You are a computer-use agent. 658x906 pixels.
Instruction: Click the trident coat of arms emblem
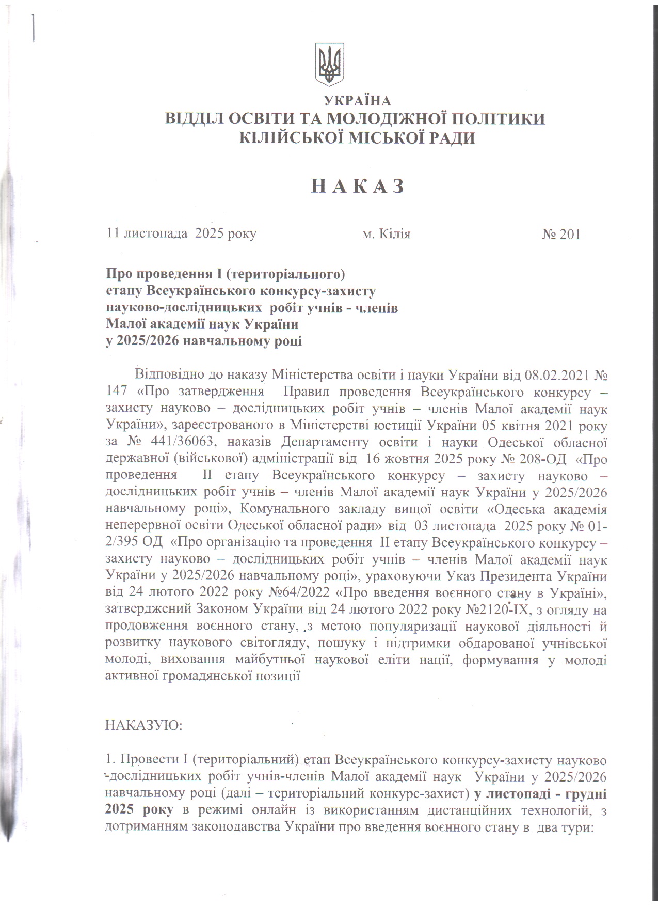click(329, 64)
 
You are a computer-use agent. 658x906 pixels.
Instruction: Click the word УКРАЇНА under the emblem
click(357, 101)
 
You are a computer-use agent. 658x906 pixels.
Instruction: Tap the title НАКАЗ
click(357, 186)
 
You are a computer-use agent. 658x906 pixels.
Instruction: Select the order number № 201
click(561, 235)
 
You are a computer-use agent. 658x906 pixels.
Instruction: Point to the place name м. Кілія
click(386, 235)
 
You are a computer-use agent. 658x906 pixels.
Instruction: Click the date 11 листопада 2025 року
click(181, 234)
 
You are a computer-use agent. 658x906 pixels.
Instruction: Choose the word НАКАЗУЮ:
click(143, 725)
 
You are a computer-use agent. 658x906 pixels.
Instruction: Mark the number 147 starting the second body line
click(116, 391)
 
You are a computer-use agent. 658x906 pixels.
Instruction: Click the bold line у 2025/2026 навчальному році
click(204, 341)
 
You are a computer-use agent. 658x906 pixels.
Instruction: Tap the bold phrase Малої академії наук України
click(202, 325)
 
